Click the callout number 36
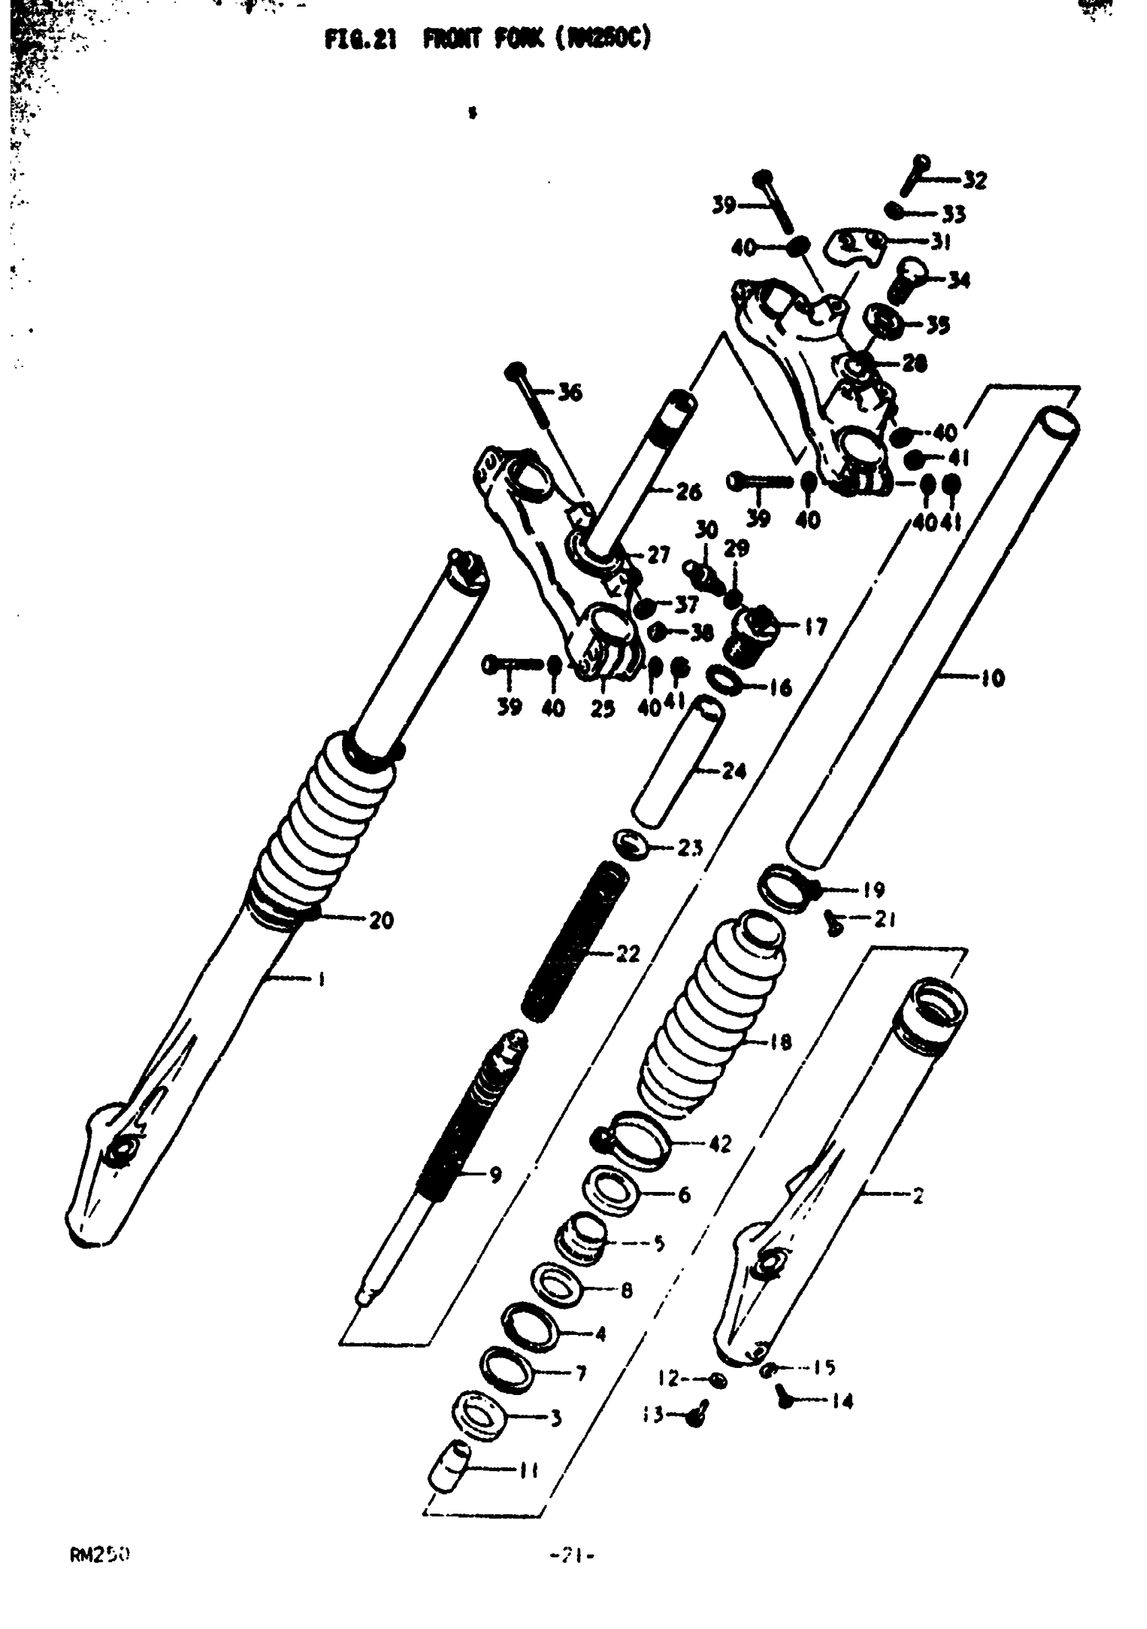tap(569, 393)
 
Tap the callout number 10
tap(993, 679)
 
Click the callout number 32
tap(975, 181)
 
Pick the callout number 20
tap(381, 920)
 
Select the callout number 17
tap(816, 627)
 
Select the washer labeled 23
tap(631, 844)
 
